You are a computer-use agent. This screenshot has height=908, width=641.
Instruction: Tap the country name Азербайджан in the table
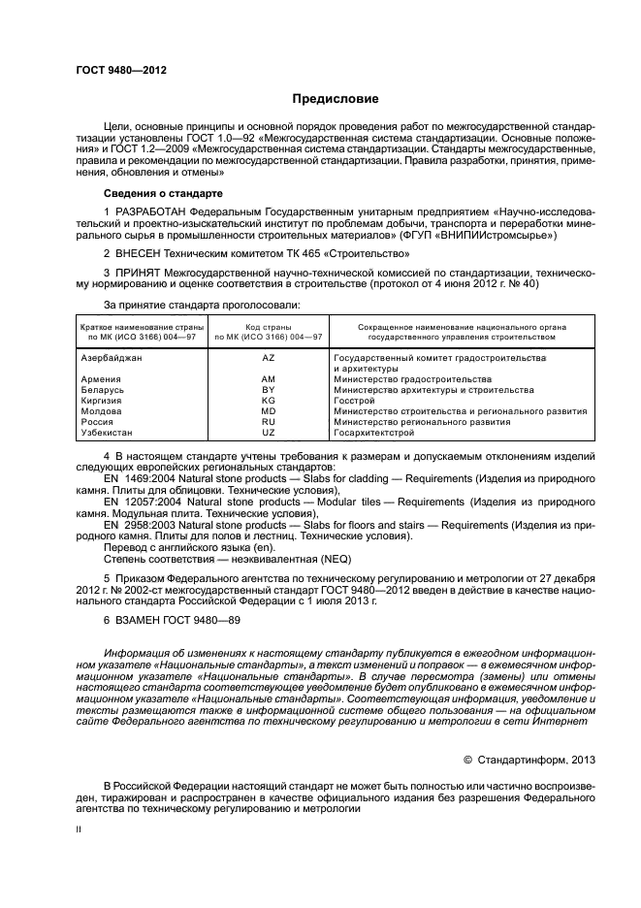(112, 358)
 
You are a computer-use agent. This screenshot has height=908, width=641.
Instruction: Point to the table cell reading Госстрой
(353, 401)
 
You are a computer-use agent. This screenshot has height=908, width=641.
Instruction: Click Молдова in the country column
(102, 411)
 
